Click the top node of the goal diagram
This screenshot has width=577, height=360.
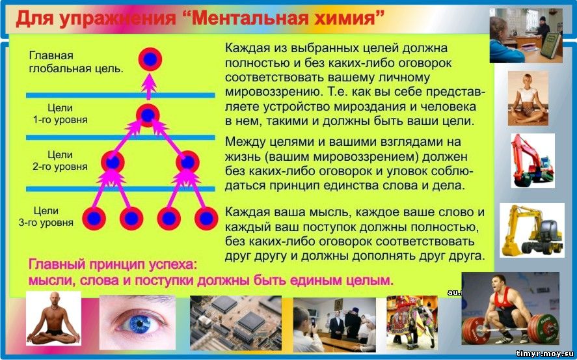tap(150, 59)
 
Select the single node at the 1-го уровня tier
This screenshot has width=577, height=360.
tap(148, 115)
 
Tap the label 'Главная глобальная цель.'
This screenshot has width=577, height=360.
tap(76, 62)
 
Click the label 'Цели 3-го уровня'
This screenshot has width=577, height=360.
tap(46, 216)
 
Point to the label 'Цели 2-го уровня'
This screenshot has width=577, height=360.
tap(60, 161)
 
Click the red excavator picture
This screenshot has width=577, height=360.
tap(533, 161)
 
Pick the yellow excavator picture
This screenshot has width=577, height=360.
tap(531, 230)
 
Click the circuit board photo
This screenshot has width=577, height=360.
tap(235, 322)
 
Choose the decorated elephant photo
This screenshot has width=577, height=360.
tap(412, 322)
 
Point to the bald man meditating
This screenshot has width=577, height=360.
tap(53, 318)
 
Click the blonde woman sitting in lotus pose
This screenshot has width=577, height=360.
tap(528, 98)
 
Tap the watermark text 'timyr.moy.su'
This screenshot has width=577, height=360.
tap(544, 354)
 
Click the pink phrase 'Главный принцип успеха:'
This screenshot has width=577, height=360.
tap(113, 264)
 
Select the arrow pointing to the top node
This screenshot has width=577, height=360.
tap(149, 86)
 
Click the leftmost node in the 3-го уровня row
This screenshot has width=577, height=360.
tap(94, 218)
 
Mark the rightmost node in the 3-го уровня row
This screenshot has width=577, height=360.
tap(206, 218)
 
